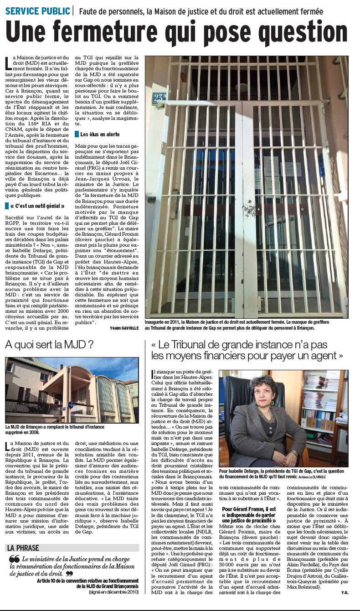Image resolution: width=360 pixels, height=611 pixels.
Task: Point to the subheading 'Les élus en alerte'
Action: pos(100,135)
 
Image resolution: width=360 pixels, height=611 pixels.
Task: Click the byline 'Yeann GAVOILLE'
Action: pos(124,328)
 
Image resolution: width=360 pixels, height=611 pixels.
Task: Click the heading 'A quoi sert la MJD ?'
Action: pos(49,345)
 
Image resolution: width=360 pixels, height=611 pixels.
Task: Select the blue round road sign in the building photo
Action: pos(70,404)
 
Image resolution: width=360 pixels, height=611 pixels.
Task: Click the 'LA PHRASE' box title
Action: pos(23,548)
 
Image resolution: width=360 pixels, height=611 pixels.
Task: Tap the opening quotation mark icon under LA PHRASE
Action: pos(14,559)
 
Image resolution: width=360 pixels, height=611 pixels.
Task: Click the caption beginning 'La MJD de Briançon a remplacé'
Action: pos(55,430)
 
